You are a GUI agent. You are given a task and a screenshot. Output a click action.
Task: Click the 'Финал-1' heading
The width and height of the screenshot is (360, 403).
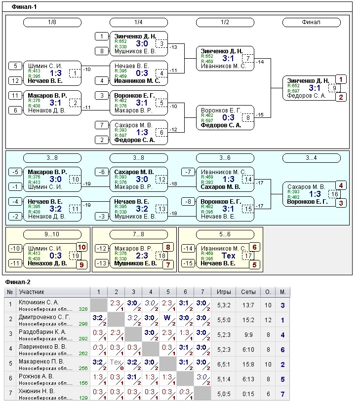pos(24,7)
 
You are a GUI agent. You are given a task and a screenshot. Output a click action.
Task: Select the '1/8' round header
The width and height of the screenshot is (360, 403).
pos(52,22)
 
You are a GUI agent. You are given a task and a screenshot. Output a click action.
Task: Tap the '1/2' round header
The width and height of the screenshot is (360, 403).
pos(225,22)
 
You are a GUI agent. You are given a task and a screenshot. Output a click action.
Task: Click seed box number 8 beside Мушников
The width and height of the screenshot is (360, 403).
pos(101,51)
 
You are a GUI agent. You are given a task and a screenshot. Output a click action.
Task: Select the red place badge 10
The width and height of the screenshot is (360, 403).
pos(81,247)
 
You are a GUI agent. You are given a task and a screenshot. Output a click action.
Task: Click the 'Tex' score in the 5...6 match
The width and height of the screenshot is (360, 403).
pos(229,256)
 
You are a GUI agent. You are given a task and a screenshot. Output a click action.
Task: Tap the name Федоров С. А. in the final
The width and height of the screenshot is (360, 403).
pos(306,96)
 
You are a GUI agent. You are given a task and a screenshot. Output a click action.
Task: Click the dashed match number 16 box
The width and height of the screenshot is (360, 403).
pos(334,194)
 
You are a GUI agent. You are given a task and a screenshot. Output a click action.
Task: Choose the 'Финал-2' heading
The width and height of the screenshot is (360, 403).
pos(18,282)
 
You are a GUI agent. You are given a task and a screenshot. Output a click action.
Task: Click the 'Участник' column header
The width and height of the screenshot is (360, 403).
pos(31,292)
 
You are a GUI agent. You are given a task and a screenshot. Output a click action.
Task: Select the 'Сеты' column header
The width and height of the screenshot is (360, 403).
pos(248,292)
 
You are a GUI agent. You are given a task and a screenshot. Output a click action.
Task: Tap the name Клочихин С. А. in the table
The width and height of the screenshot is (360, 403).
pos(39,302)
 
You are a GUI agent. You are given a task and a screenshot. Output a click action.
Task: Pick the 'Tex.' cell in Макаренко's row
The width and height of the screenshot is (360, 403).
pos(115,362)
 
